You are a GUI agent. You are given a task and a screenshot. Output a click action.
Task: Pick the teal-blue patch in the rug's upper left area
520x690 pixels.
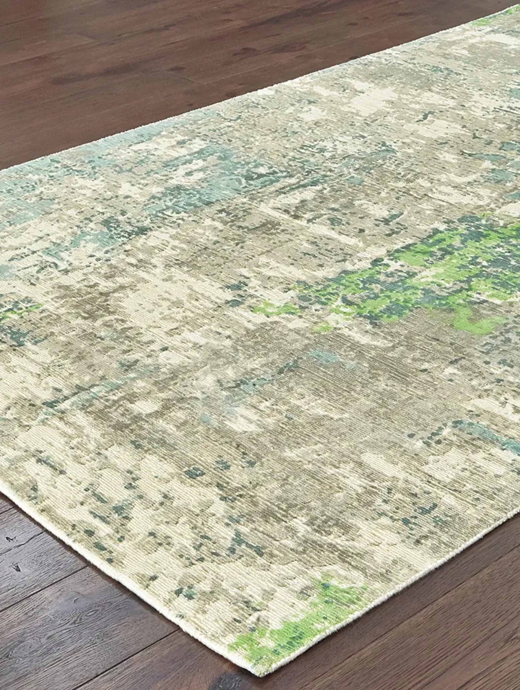point(194,181)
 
